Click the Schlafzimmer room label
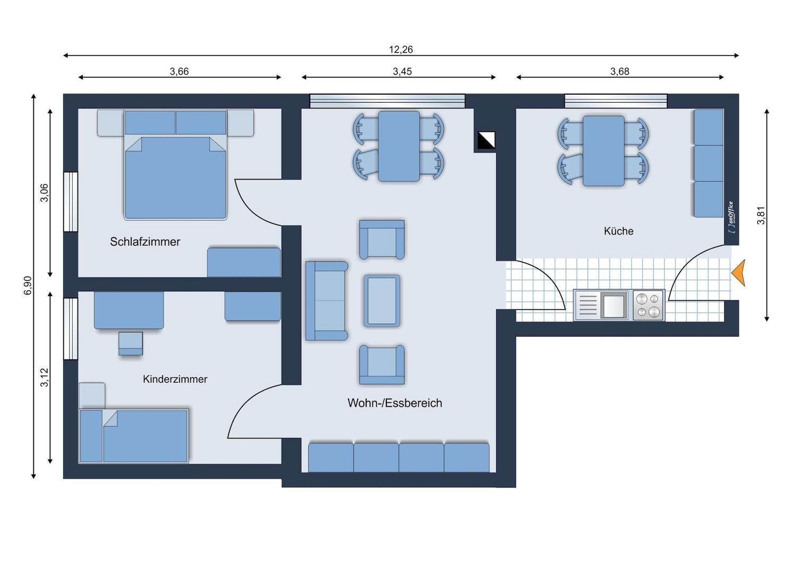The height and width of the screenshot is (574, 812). pos(145,242)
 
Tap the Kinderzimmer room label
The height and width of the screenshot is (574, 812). pos(175,379)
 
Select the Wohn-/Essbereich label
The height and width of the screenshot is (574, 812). pos(394,403)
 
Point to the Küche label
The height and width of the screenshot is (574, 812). pos(618,231)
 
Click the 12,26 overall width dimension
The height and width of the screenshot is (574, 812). pos(401,49)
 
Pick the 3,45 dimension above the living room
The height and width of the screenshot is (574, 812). pos(402,71)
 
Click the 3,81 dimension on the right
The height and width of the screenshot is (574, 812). pos(761,215)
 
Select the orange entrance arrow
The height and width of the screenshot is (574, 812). pos(738,273)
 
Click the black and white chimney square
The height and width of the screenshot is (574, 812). pos(486,140)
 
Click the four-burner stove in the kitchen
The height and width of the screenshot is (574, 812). pos(648,305)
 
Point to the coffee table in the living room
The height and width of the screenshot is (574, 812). pos(382,300)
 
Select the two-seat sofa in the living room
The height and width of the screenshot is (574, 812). pos(326,300)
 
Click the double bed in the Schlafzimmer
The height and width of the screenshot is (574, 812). pos(175,176)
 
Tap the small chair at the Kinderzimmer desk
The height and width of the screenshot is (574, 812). pos(130,343)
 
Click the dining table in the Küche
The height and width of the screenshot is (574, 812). pos(603,151)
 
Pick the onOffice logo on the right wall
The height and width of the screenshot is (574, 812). pos(731,216)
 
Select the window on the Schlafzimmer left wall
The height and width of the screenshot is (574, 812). pos(71,201)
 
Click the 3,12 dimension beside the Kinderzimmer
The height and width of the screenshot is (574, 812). pos(44,377)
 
